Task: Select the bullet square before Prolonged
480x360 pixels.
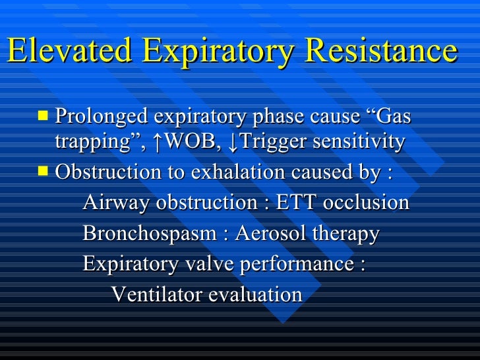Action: (x=44, y=116)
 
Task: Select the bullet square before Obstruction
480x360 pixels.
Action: (x=44, y=171)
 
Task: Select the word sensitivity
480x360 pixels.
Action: (x=360, y=142)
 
